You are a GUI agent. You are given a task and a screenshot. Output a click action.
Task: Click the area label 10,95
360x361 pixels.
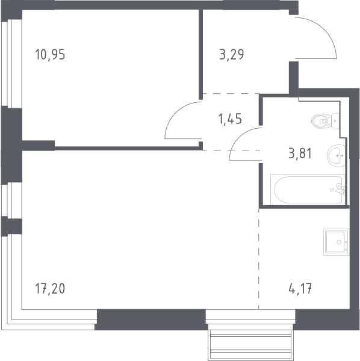click(x=50, y=55)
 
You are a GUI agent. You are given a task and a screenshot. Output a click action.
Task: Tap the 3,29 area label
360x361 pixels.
click(x=232, y=55)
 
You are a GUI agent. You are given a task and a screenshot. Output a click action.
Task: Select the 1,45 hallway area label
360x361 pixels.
click(x=230, y=119)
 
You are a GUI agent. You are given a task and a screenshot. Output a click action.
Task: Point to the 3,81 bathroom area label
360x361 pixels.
click(x=300, y=153)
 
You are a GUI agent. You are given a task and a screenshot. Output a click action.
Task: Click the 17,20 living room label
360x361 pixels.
click(x=50, y=288)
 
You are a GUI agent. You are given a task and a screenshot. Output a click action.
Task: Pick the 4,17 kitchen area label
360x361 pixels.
click(x=300, y=288)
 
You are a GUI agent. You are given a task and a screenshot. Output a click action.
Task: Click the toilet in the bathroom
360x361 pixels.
click(x=325, y=121)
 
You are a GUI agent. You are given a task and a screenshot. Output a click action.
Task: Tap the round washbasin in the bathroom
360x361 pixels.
click(x=336, y=156)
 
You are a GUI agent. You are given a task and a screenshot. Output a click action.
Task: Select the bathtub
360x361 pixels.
click(x=308, y=190)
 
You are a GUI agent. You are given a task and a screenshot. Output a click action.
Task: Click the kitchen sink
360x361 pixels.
click(x=337, y=242)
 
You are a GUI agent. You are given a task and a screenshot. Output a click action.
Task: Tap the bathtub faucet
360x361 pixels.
click(x=340, y=190)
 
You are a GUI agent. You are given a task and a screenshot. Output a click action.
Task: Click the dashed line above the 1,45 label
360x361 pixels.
click(x=231, y=93)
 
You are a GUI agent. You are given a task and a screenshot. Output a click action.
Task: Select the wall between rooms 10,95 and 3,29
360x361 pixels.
click(x=201, y=55)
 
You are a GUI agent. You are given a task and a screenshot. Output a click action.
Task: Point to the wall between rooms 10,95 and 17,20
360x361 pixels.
click(x=126, y=148)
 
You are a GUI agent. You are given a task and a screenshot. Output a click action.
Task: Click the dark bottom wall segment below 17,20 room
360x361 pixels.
click(x=151, y=319)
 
